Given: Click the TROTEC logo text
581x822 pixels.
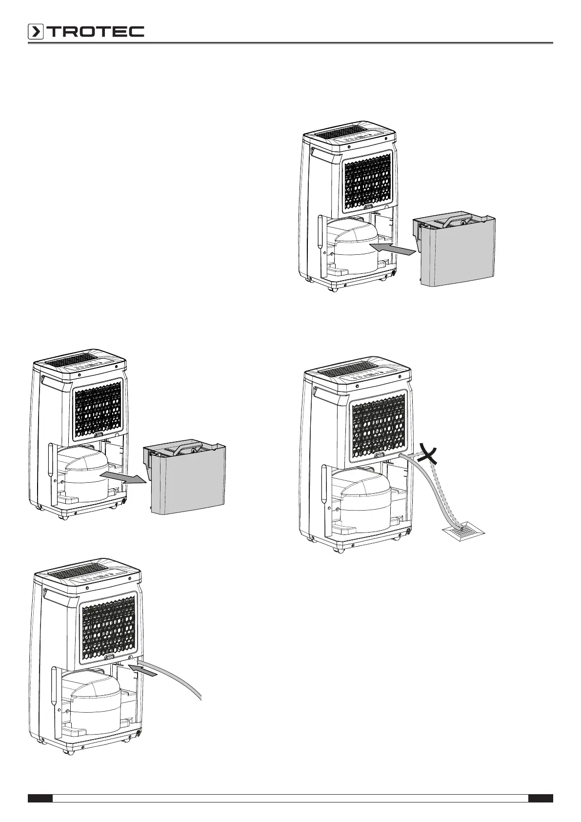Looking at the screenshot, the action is tap(95, 32).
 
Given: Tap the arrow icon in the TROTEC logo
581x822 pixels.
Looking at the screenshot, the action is tap(36, 32).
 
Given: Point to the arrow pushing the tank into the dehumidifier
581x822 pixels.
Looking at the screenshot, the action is tap(393, 250).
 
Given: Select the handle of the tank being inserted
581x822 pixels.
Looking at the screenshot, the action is tap(455, 219).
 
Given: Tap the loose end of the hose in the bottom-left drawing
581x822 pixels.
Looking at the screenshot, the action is tap(200, 698).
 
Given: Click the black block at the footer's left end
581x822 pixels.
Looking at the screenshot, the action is tap(40, 798).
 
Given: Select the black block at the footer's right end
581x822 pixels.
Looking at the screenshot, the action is tap(541, 798).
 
